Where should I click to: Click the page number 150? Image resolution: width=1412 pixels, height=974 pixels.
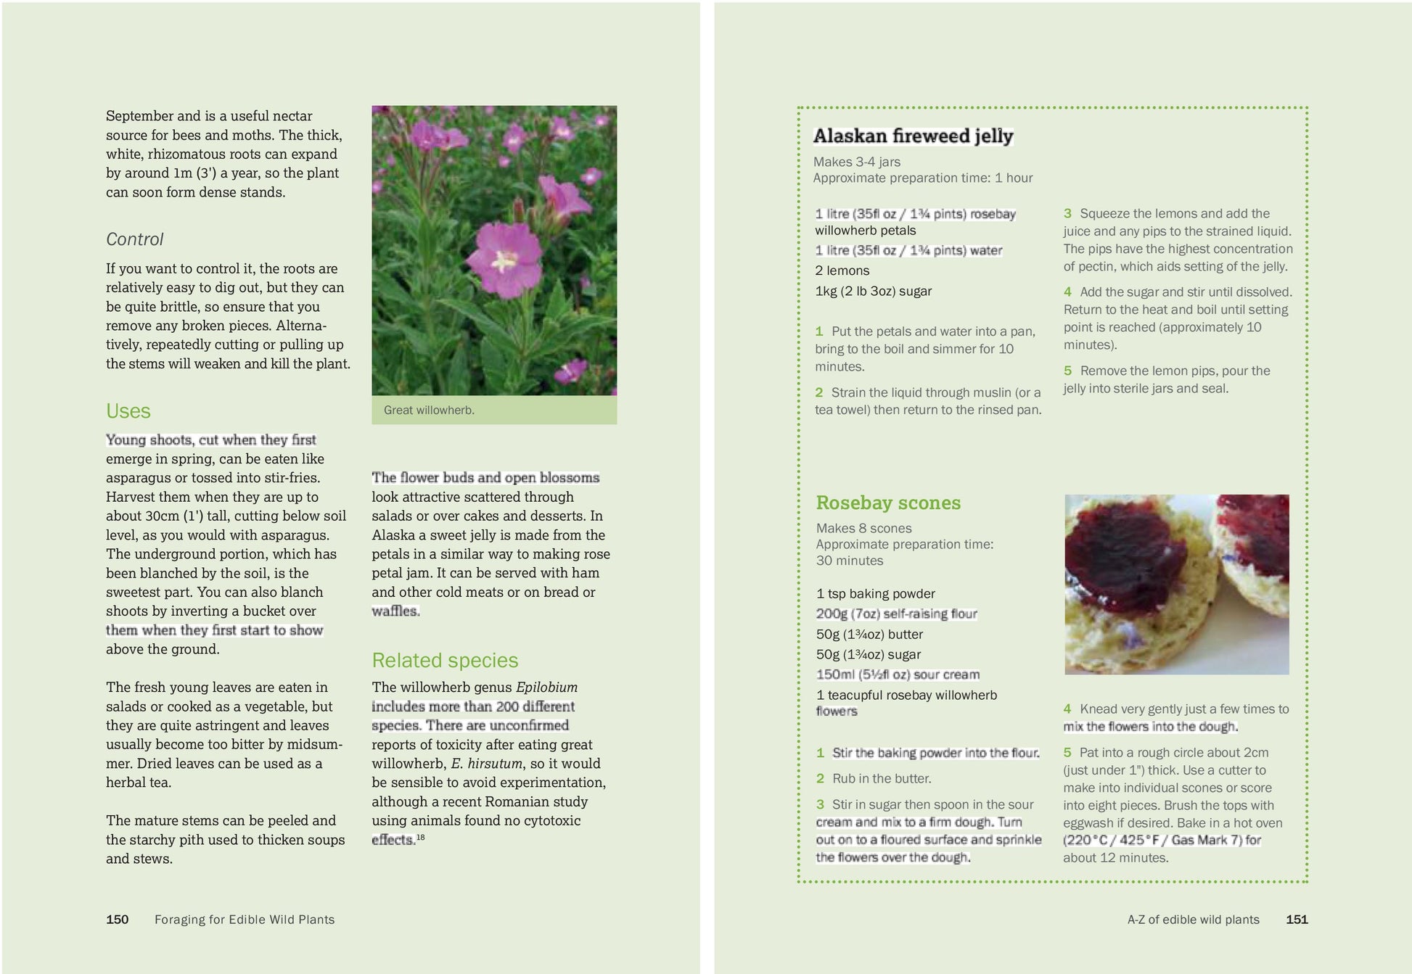pyautogui.click(x=117, y=920)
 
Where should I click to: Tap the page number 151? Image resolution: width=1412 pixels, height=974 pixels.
pyautogui.click(x=1297, y=920)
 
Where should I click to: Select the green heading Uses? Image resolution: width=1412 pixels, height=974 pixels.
pyautogui.click(x=128, y=411)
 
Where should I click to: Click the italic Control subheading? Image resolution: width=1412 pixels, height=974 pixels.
pyautogui.click(x=135, y=239)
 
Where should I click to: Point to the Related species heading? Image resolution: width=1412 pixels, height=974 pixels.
pyautogui.click(x=445, y=661)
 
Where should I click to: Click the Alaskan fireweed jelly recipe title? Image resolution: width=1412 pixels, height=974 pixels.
pyautogui.click(x=913, y=136)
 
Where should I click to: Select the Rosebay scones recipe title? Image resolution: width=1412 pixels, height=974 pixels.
pyautogui.click(x=888, y=503)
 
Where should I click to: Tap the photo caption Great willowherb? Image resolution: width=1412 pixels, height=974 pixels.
pyautogui.click(x=429, y=410)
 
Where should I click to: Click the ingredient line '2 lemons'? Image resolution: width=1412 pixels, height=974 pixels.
pyautogui.click(x=842, y=271)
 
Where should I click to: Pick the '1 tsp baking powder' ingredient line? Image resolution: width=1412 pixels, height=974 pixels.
pyautogui.click(x=875, y=593)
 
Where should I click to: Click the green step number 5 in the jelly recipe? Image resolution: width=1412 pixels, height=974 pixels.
pyautogui.click(x=1067, y=371)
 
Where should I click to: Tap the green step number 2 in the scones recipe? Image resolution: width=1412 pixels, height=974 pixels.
pyautogui.click(x=820, y=778)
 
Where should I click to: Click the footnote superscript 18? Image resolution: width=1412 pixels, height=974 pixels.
pyautogui.click(x=421, y=837)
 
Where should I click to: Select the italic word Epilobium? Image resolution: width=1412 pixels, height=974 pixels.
pyautogui.click(x=546, y=687)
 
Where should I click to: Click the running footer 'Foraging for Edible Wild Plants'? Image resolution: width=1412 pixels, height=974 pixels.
pyautogui.click(x=245, y=920)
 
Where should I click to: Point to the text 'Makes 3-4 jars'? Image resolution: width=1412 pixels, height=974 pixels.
pyautogui.click(x=856, y=162)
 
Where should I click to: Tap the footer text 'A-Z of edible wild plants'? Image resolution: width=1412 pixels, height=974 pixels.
pyautogui.click(x=1193, y=920)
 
